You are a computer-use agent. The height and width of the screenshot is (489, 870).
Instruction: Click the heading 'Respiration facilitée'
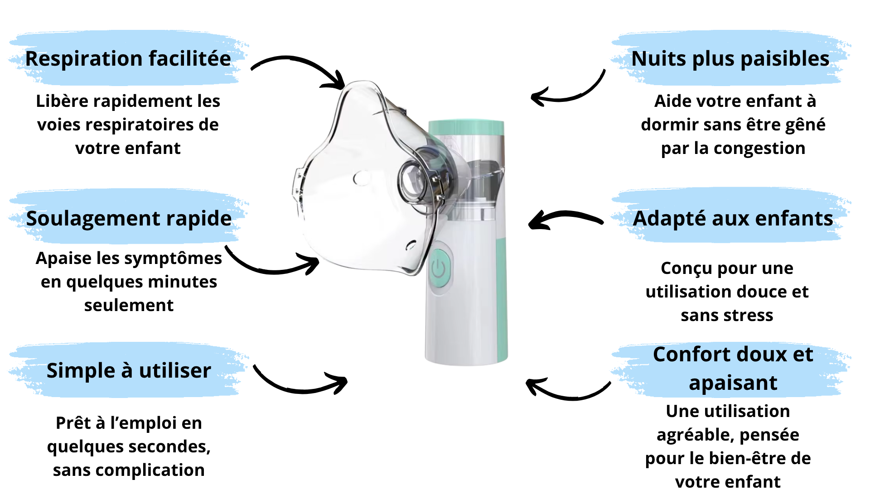[128, 59]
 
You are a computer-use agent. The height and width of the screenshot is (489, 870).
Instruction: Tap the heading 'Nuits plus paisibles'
[730, 59]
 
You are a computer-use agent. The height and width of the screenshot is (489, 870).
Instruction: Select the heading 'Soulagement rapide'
[129, 219]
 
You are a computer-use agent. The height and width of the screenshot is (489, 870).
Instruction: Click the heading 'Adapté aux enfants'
[733, 219]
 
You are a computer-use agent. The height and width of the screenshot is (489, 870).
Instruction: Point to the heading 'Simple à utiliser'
[129, 371]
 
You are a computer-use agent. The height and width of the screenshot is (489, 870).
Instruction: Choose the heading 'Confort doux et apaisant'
[733, 369]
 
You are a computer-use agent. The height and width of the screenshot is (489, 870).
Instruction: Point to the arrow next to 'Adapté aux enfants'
[565, 218]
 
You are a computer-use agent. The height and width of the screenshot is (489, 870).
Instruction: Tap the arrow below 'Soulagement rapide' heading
[272, 265]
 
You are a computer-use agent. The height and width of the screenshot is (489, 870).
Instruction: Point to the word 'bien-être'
[764, 459]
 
